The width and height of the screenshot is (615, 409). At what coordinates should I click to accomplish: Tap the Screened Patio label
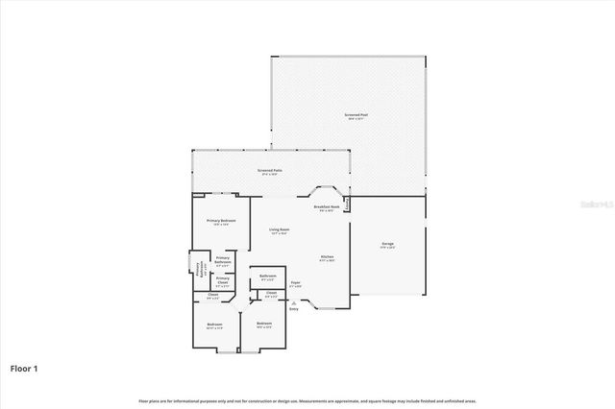click(267, 171)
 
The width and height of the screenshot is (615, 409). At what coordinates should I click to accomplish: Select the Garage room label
click(387, 245)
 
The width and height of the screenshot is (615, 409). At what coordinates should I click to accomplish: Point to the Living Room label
click(280, 230)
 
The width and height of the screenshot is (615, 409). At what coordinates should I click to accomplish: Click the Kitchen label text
click(327, 257)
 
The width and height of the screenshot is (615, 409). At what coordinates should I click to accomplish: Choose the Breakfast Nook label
click(327, 207)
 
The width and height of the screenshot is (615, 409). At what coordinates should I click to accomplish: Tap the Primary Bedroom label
click(221, 222)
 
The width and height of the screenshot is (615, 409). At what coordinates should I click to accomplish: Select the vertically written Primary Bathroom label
click(201, 271)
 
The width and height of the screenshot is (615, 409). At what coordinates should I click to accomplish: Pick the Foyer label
click(296, 283)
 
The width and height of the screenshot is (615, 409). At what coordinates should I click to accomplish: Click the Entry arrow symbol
click(294, 301)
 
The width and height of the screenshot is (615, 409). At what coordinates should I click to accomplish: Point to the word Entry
click(294, 309)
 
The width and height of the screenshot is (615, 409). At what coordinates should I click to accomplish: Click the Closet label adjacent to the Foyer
click(271, 294)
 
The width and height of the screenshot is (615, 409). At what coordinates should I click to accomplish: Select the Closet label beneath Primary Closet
click(213, 296)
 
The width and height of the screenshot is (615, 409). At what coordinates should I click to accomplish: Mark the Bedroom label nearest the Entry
click(263, 324)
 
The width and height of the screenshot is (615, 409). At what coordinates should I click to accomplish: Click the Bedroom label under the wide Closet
click(214, 325)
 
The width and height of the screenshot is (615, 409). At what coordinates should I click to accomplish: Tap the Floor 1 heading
click(25, 367)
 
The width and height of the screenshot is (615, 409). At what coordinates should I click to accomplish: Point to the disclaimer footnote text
click(307, 400)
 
